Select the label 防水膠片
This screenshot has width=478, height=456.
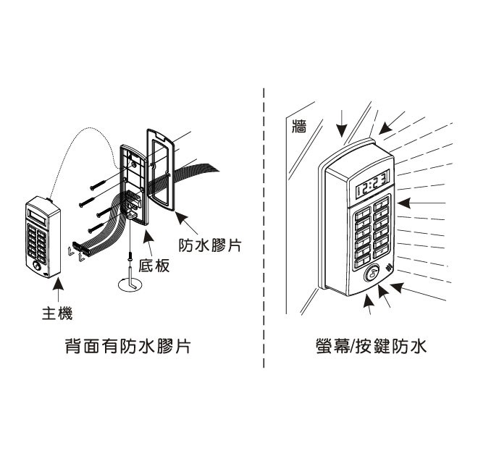tap(210, 244)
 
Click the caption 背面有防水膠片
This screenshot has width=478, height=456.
tap(128, 347)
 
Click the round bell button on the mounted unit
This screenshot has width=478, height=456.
tap(371, 274)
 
